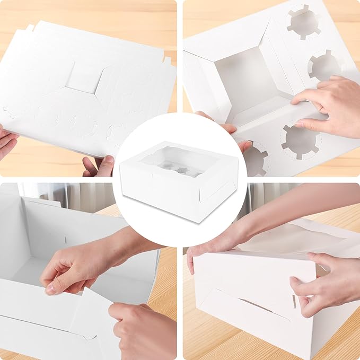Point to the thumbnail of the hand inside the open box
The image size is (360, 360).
(x=51, y=289)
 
